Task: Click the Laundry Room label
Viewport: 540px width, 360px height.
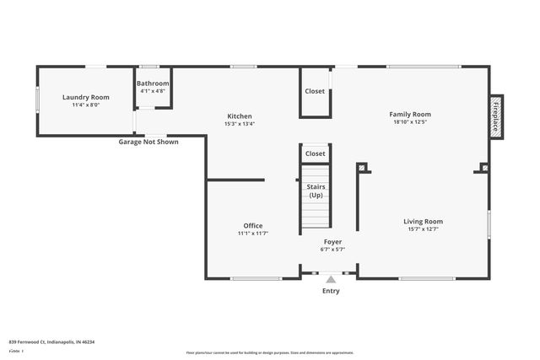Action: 86,97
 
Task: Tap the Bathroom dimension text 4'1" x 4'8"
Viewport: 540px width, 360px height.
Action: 154,91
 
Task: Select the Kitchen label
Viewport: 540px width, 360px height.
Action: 240,116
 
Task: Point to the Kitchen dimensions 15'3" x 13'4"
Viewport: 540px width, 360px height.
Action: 240,124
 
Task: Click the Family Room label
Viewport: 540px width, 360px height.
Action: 410,114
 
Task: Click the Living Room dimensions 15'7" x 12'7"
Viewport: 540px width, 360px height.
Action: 422,229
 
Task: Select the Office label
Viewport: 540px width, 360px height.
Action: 253,225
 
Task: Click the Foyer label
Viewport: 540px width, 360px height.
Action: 332,242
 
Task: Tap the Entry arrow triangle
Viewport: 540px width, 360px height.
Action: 331,279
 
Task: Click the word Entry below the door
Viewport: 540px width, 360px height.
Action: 331,291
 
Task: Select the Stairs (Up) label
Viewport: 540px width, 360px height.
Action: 316,191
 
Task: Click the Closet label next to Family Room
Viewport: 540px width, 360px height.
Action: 315,91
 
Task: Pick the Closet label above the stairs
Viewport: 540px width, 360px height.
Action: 316,153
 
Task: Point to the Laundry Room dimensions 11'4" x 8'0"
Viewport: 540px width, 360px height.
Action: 86,105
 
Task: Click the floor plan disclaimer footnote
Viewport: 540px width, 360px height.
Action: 270,352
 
